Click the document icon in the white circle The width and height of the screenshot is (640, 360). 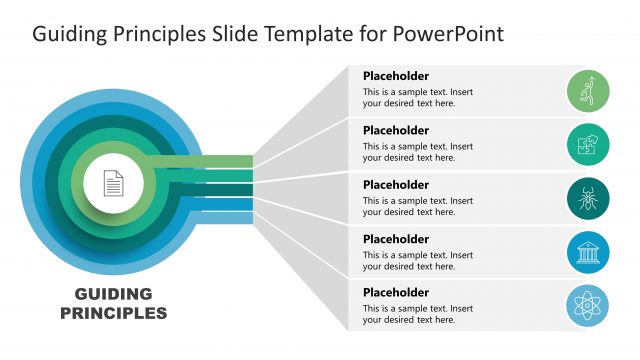(113, 183)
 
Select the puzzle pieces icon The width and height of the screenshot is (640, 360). (588, 145)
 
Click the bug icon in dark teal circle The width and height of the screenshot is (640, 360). (588, 199)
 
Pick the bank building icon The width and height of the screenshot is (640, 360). (588, 253)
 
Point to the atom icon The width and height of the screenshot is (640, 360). (588, 305)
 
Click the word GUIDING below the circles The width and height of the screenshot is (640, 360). (113, 294)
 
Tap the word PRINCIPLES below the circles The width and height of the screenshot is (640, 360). (113, 313)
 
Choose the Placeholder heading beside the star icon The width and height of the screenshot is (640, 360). (396, 76)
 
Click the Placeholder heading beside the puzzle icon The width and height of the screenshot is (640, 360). (396, 130)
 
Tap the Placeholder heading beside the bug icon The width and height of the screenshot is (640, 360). (396, 184)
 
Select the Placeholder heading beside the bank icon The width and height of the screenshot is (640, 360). (396, 239)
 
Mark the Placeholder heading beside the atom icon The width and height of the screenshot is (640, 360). (396, 292)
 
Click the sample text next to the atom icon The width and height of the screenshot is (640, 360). (417, 313)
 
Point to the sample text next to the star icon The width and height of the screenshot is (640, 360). (417, 97)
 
